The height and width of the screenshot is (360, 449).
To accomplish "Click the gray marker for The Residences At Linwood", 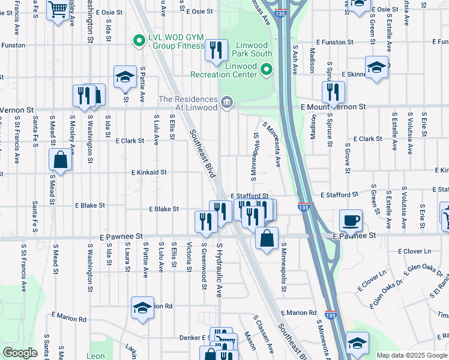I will click(226, 103).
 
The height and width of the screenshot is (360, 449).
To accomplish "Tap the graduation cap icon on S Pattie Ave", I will click(125, 76).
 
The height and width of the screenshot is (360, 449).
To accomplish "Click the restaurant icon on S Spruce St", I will click(333, 92).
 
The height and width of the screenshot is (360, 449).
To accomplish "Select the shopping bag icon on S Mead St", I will click(60, 160).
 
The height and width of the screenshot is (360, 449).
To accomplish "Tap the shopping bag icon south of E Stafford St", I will click(267, 237).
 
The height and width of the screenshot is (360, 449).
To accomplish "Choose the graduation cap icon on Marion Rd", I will click(142, 308).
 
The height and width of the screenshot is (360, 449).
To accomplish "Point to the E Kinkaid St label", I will click(149, 172).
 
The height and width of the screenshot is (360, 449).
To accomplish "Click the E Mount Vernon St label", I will click(333, 106).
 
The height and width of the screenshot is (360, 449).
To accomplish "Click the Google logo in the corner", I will click(20, 353).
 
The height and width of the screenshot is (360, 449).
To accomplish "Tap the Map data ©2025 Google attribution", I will click(412, 355).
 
